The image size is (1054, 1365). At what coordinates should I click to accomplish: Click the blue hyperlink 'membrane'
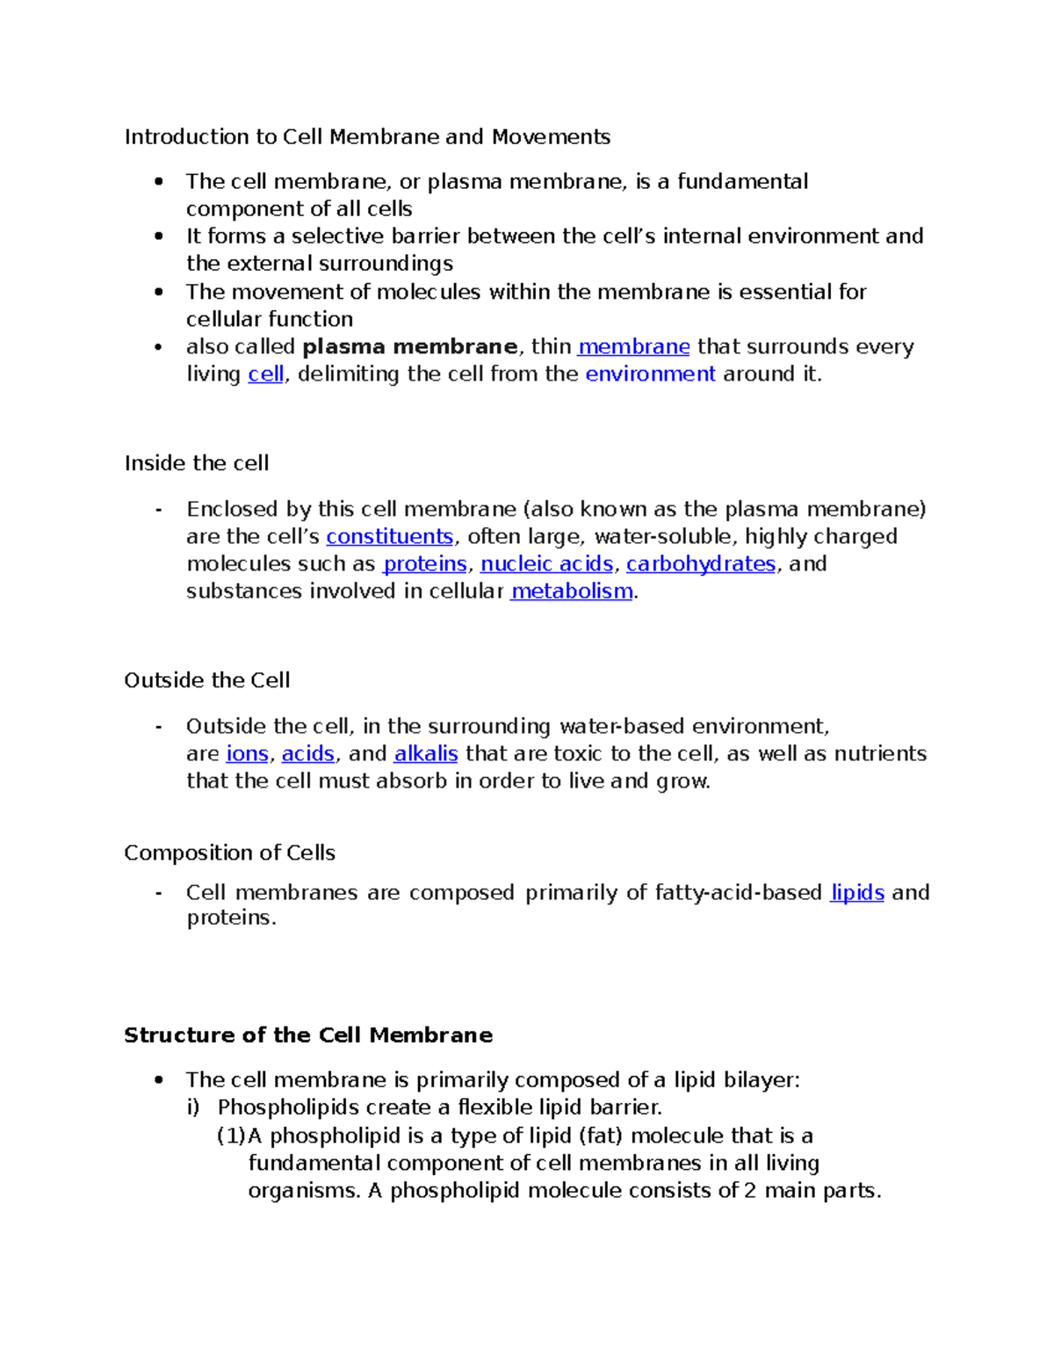(633, 347)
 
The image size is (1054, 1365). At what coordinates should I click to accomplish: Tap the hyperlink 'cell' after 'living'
(265, 374)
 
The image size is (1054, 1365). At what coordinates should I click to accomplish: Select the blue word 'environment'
(650, 374)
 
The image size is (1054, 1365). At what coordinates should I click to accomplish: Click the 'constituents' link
(389, 537)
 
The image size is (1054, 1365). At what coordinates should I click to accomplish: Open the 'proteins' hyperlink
(425, 564)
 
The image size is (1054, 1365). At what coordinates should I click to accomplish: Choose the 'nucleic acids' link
(546, 564)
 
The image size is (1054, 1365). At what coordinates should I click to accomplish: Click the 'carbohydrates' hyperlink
(701, 564)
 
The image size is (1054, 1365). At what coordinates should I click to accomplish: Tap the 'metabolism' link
(572, 592)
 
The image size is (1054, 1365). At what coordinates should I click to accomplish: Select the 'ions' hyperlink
(247, 754)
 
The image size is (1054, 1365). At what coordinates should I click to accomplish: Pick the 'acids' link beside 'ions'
(307, 754)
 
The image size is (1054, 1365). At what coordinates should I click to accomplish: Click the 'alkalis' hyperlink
(426, 754)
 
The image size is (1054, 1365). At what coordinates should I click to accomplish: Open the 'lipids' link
(857, 893)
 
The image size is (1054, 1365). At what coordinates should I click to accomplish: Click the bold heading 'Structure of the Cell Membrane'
(307, 1035)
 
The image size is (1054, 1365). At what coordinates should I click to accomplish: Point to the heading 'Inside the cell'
(197, 463)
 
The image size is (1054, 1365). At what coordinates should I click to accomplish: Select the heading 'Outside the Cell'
(207, 680)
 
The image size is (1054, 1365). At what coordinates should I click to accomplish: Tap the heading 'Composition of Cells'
(229, 853)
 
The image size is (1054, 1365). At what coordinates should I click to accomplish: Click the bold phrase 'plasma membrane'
(409, 347)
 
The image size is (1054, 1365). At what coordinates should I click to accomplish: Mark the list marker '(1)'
(231, 1136)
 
